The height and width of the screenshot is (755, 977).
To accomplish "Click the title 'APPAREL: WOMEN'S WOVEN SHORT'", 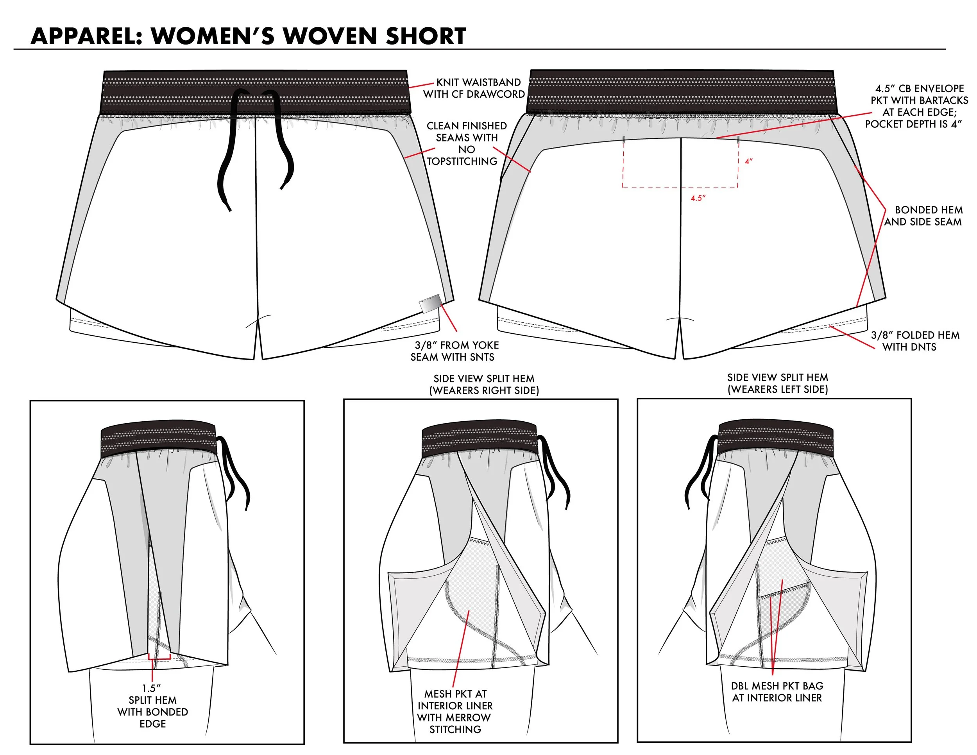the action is point(248,36).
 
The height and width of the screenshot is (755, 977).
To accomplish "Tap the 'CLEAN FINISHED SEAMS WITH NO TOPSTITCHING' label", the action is point(465,143).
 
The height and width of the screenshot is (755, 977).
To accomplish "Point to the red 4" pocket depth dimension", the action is point(748,161).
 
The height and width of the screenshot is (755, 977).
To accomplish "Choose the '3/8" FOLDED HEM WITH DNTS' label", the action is point(914,341).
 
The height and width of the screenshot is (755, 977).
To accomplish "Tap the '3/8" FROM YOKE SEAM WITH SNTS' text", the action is point(455,351).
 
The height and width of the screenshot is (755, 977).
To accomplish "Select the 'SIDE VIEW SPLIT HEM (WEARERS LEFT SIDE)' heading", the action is point(777,383).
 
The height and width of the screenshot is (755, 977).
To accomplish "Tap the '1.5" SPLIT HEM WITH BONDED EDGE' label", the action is point(152,706).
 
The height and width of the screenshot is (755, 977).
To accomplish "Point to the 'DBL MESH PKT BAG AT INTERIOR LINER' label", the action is point(777,691).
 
